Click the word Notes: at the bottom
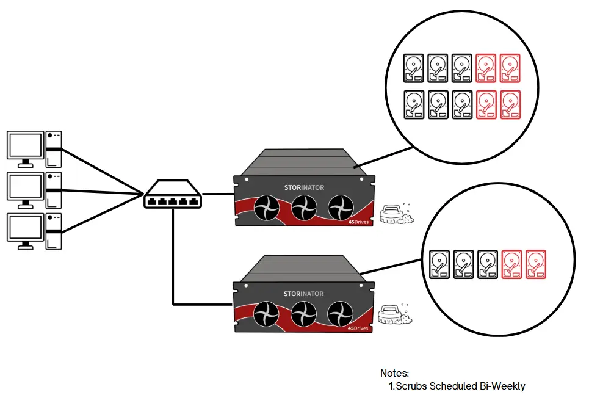click(394, 373)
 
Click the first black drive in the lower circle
click(440, 264)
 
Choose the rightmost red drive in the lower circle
click(535, 264)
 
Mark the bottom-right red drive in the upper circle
click(510, 104)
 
